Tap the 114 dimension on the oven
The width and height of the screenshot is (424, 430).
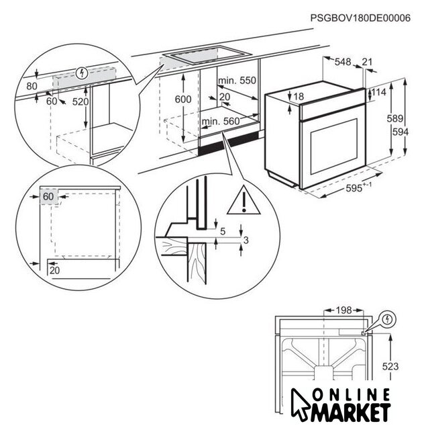point(379,92)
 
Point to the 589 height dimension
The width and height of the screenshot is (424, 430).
point(395,119)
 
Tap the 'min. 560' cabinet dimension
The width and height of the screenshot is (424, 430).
point(220,121)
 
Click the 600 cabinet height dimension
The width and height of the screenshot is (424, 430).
point(182,99)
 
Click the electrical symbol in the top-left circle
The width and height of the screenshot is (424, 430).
point(82,72)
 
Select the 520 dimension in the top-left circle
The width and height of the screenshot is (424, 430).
point(80,101)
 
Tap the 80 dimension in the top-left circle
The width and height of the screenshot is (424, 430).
point(32,86)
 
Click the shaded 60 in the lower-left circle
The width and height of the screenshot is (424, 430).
point(48,197)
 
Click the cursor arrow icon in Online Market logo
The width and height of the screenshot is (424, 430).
point(301,401)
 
